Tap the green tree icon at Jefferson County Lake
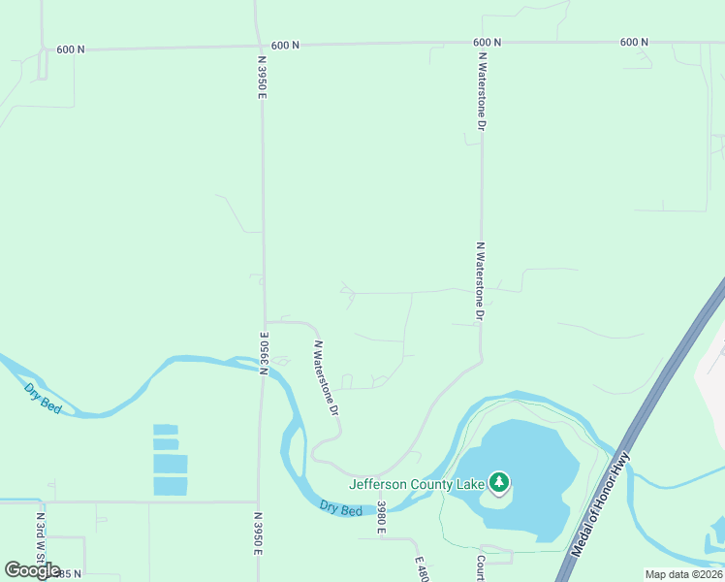point(499,481)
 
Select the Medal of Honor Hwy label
point(601,504)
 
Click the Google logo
point(32,570)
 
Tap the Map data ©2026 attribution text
point(683,574)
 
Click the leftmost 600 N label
point(70,48)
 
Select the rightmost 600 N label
point(633,43)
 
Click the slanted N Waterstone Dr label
point(326,377)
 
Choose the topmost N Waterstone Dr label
point(481,91)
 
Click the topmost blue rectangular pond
point(166,429)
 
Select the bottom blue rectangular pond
point(170,486)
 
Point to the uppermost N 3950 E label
point(261,77)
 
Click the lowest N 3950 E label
point(260,533)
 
